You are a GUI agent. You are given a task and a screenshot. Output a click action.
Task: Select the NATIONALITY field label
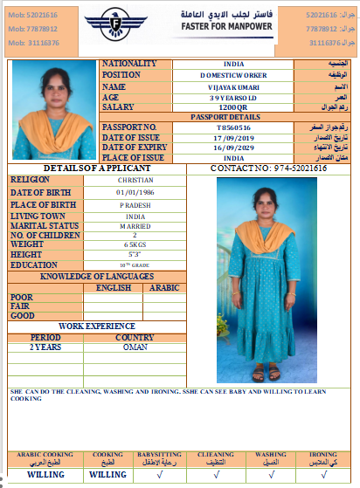click(130, 64)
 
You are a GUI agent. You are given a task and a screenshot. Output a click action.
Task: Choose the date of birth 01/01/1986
click(135, 191)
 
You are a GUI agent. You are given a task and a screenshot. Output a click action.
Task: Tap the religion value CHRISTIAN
click(135, 179)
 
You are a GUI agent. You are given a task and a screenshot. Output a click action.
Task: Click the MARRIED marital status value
click(135, 225)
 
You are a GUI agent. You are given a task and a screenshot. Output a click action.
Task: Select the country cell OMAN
click(135, 347)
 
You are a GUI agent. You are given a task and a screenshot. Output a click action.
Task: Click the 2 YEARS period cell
click(45, 347)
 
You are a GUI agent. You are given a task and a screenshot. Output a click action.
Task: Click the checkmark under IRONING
click(323, 475)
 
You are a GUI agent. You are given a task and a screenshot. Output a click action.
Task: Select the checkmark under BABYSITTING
click(158, 475)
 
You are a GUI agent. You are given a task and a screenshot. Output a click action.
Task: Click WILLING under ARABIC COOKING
click(45, 475)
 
